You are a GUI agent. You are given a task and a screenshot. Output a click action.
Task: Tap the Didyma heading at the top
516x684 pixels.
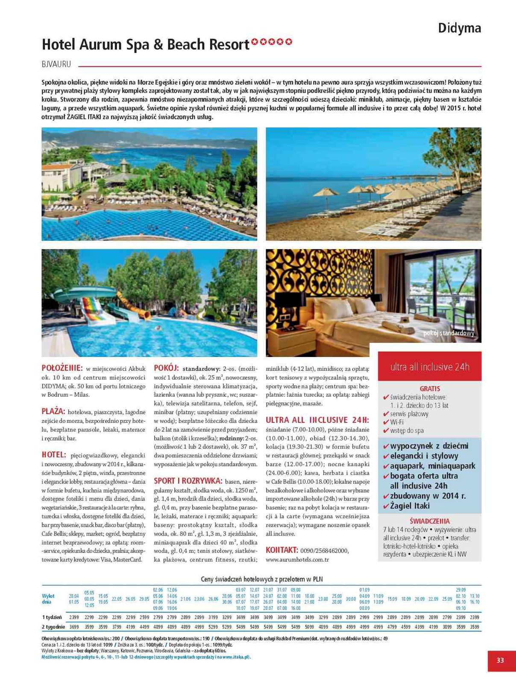click(x=459, y=28)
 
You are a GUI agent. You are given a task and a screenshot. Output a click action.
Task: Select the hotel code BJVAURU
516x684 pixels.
click(x=56, y=64)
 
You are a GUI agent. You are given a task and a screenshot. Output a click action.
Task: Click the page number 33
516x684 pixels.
click(x=500, y=660)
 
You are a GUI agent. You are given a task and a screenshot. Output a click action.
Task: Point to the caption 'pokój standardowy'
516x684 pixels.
click(x=449, y=333)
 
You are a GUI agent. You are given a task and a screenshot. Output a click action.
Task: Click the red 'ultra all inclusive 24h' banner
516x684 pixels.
click(x=430, y=367)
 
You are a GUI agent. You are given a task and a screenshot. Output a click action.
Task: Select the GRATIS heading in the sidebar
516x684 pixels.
click(x=430, y=389)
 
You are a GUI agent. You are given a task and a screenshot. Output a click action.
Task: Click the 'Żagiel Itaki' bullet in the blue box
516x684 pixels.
click(x=410, y=506)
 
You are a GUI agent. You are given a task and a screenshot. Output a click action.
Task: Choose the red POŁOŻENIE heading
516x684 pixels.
click(x=62, y=368)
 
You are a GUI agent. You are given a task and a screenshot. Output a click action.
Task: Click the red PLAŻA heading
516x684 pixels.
click(x=53, y=411)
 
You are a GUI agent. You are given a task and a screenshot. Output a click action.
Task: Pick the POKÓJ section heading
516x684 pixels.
click(x=166, y=368)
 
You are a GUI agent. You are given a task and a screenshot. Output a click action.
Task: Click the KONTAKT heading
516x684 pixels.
click(x=281, y=550)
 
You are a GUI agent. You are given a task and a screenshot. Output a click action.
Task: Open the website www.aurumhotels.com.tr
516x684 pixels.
click(x=297, y=559)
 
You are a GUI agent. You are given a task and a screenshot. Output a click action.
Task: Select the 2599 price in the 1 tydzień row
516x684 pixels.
click(x=144, y=617)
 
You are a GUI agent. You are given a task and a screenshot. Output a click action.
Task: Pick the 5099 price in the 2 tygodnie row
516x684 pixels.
click(x=309, y=627)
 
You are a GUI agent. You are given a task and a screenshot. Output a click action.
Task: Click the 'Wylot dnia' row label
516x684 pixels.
click(x=48, y=598)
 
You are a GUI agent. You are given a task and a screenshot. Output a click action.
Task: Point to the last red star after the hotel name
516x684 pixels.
click(x=289, y=42)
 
